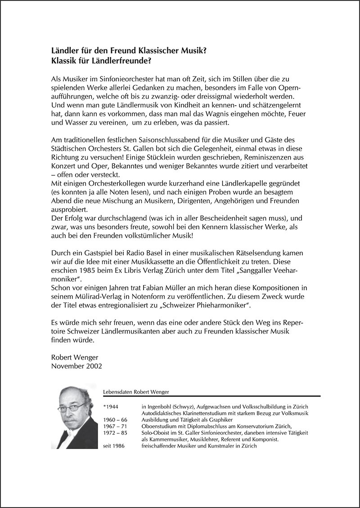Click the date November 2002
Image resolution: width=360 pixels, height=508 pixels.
pos(77,366)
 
